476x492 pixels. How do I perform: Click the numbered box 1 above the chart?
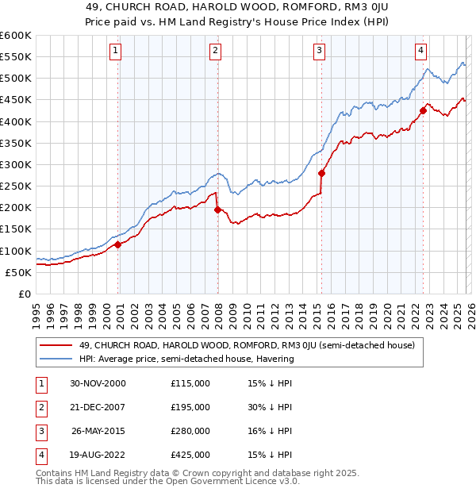click(115, 51)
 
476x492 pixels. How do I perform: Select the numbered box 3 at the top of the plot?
click(319, 51)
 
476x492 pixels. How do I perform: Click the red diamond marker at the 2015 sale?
click(321, 173)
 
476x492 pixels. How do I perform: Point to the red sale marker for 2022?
click(423, 110)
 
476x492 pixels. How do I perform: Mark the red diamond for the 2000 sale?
click(118, 244)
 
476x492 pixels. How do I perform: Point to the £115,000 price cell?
click(190, 383)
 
